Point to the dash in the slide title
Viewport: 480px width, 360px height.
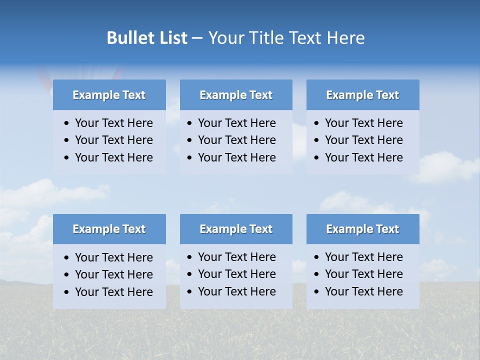coord(197,38)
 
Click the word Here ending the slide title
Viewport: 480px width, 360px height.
coord(345,38)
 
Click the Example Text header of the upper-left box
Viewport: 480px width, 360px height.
coord(109,95)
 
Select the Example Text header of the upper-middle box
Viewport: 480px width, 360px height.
coord(236,95)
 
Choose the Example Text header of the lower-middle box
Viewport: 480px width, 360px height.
coord(236,229)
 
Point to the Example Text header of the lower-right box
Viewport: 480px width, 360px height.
coord(362,229)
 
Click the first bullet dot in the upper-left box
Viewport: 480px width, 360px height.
coord(67,123)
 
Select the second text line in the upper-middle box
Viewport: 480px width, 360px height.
coord(236,140)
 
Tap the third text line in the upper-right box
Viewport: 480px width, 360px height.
coord(363,157)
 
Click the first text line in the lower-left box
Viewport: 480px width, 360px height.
coord(113,257)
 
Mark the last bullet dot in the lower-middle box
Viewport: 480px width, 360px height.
coord(190,292)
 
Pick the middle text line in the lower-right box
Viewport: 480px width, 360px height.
coord(363,274)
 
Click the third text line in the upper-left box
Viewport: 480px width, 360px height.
coord(113,157)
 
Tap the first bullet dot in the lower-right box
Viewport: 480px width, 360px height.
coord(317,257)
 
